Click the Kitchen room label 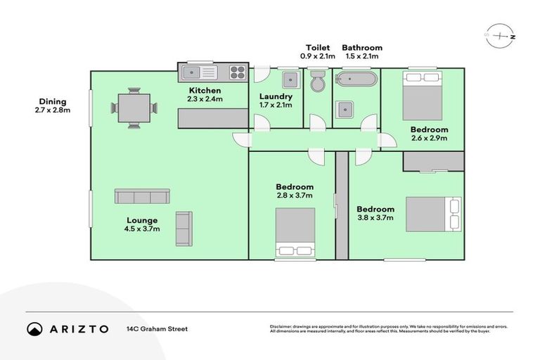tap(205, 91)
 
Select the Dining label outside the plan tap(53, 102)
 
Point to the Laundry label tap(275, 96)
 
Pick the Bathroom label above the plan tap(361, 48)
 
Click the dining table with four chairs tap(133, 108)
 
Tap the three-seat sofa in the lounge tap(142, 196)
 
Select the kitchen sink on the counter tap(200, 72)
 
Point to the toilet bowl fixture tap(317, 81)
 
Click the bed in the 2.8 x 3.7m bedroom tap(295, 233)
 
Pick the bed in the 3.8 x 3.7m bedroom tap(435, 214)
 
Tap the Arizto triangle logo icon tap(34, 328)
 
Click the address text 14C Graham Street tap(157, 328)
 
